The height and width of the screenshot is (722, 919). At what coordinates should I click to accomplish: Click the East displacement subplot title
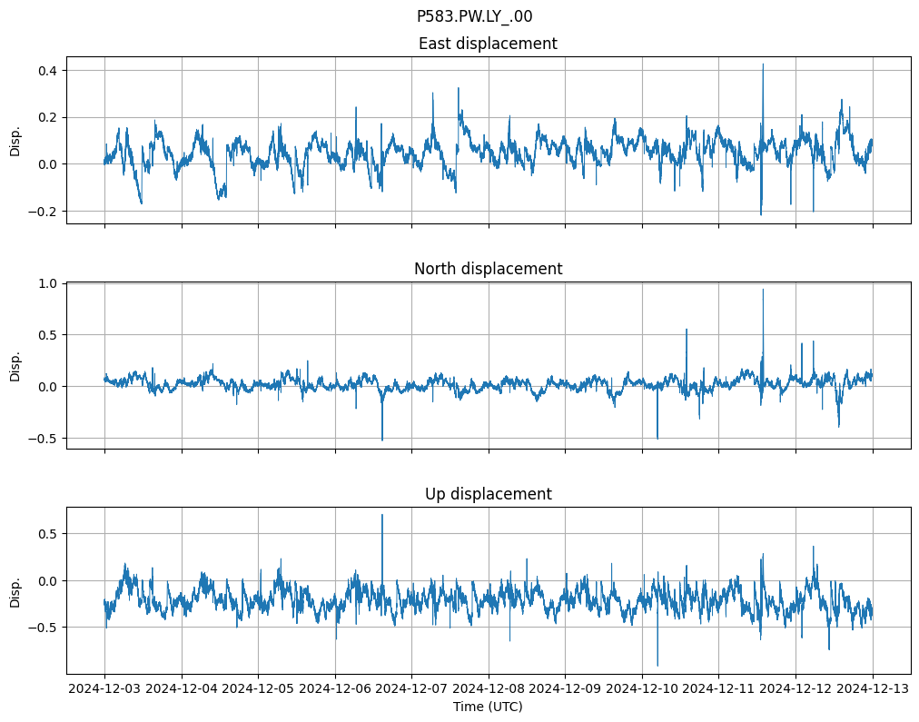pyautogui.click(x=488, y=44)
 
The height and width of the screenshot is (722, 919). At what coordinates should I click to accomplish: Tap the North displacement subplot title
pyautogui.click(x=488, y=269)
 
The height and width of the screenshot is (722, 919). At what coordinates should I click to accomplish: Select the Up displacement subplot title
pyautogui.click(x=488, y=494)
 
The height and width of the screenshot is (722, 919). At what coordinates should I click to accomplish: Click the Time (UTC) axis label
pyautogui.click(x=488, y=707)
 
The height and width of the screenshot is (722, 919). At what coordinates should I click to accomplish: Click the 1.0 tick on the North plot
pyautogui.click(x=46, y=283)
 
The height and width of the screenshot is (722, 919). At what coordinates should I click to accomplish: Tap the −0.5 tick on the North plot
pyautogui.click(x=43, y=438)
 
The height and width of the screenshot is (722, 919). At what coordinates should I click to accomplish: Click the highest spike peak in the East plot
pyautogui.click(x=763, y=64)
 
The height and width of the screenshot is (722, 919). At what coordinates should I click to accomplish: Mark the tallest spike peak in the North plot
pyautogui.click(x=763, y=290)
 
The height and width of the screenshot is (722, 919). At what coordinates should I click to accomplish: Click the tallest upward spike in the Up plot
pyautogui.click(x=382, y=515)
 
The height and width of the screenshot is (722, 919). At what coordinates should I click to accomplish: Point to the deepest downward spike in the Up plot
pyautogui.click(x=657, y=666)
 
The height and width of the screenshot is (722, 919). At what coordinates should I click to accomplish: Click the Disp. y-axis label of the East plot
pyautogui.click(x=15, y=140)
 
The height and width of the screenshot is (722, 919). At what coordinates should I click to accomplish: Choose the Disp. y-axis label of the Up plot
pyautogui.click(x=15, y=590)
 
